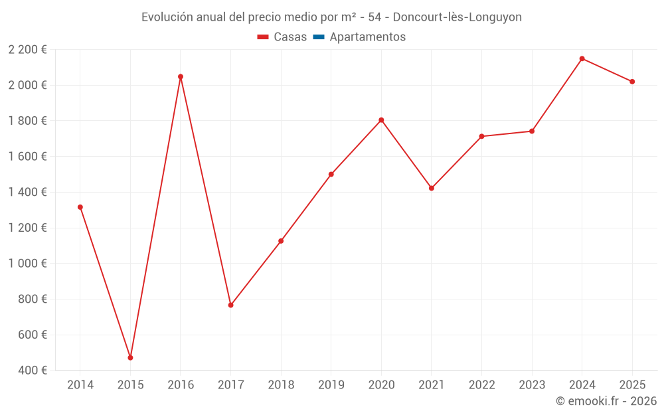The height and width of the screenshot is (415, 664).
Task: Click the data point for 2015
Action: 130,358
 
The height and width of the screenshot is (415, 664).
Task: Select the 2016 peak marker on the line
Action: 181,76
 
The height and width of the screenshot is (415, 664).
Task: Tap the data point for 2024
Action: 582,58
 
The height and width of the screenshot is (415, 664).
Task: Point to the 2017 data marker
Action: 230,305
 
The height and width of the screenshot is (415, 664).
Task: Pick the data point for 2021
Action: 432,188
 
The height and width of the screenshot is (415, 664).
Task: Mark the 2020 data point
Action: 381,120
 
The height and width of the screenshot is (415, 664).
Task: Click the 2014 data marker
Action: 80,207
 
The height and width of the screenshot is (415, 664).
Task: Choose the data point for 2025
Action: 632,82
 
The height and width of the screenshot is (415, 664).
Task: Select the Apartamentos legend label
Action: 367,37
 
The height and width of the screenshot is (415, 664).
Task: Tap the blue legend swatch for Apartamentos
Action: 318,37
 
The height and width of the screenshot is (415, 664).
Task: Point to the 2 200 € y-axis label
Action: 28,49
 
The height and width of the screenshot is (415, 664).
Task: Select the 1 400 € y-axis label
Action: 28,192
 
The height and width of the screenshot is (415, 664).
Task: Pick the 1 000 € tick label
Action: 28,263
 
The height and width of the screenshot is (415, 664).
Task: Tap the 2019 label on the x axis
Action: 331,385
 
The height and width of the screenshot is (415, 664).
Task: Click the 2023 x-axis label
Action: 532,385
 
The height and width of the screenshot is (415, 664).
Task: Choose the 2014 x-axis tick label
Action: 80,385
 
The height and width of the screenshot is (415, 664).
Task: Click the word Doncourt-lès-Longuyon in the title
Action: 457,17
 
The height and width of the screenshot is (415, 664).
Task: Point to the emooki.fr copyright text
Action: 606,401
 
